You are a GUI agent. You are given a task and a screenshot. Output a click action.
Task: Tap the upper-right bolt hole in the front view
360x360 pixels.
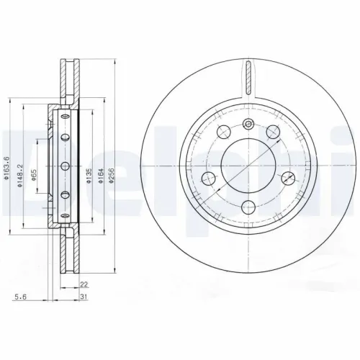click(x=274, y=132)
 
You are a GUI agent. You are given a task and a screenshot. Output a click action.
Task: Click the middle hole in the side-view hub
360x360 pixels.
click(x=64, y=166)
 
